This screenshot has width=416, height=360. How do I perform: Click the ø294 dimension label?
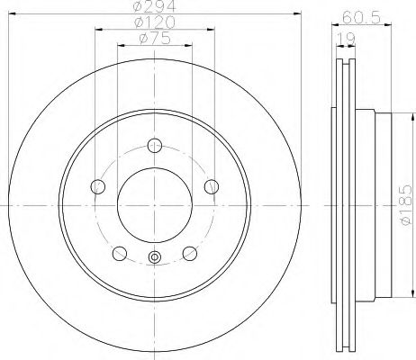pos(154,6)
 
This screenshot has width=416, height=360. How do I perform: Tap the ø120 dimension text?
pos(155,22)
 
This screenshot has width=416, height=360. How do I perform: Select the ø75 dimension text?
pos(155,39)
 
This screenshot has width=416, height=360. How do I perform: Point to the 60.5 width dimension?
pos(361,17)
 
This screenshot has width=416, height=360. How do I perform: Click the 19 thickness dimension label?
pos(346,39)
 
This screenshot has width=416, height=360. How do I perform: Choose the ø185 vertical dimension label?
pos(406,204)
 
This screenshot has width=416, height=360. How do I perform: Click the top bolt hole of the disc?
pos(155,146)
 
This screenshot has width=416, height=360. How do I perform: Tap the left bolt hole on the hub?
pos(98,186)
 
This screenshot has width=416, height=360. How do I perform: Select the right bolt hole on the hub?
pos(212,186)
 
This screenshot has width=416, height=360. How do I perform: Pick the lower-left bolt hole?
pos(120,254)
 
